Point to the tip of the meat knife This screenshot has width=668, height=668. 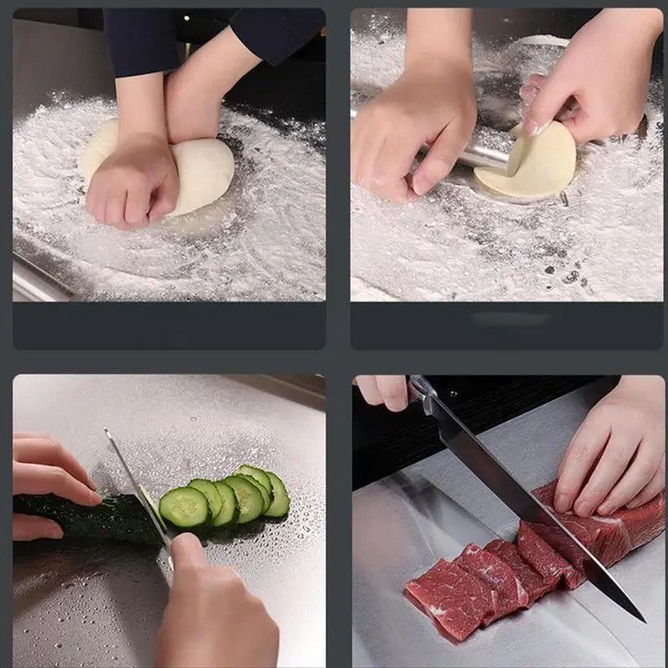[641, 619]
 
